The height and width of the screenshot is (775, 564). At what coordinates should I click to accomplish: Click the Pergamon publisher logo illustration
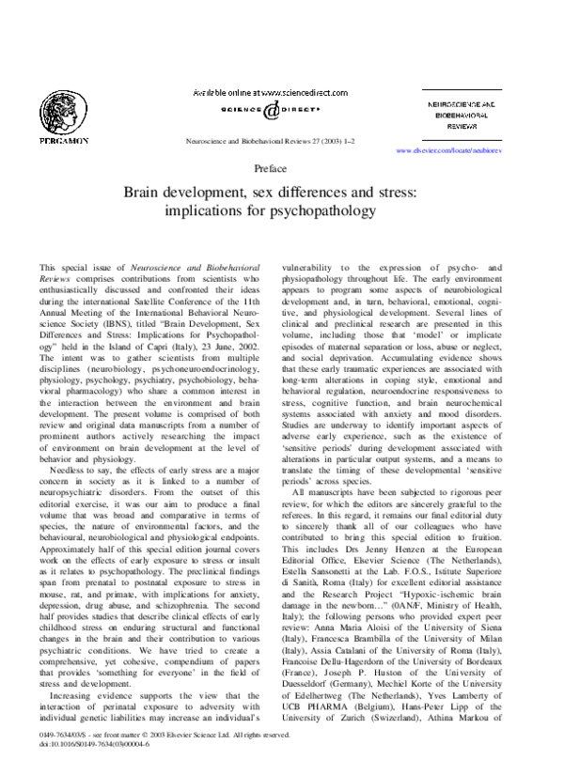tap(62, 106)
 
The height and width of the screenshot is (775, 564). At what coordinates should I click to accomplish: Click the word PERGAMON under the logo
tap(63, 140)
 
